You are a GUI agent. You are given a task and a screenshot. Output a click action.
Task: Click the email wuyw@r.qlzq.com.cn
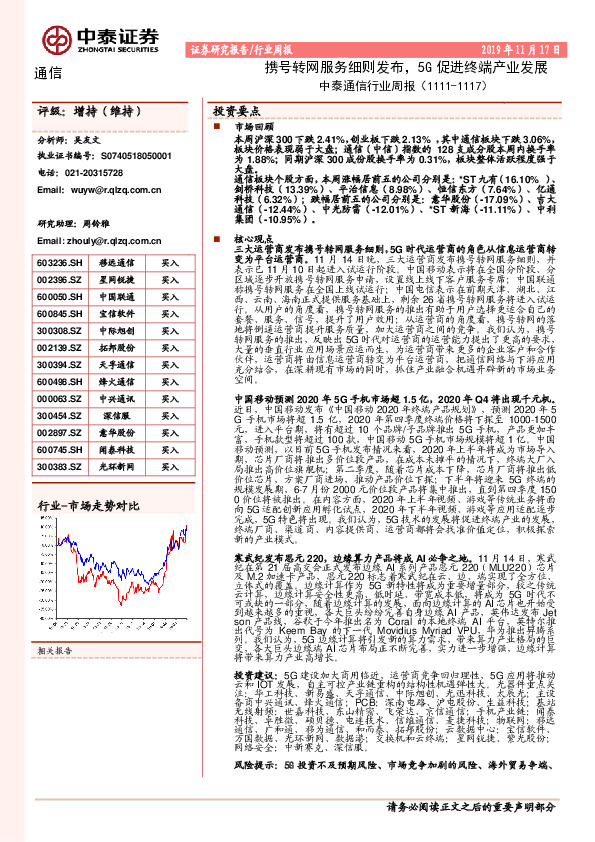pos(107,187)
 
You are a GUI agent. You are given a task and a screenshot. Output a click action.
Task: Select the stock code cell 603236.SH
pos(58,263)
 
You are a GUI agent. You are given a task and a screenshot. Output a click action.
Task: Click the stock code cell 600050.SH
pos(58,297)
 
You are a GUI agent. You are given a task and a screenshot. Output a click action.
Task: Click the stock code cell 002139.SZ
pos(58,348)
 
